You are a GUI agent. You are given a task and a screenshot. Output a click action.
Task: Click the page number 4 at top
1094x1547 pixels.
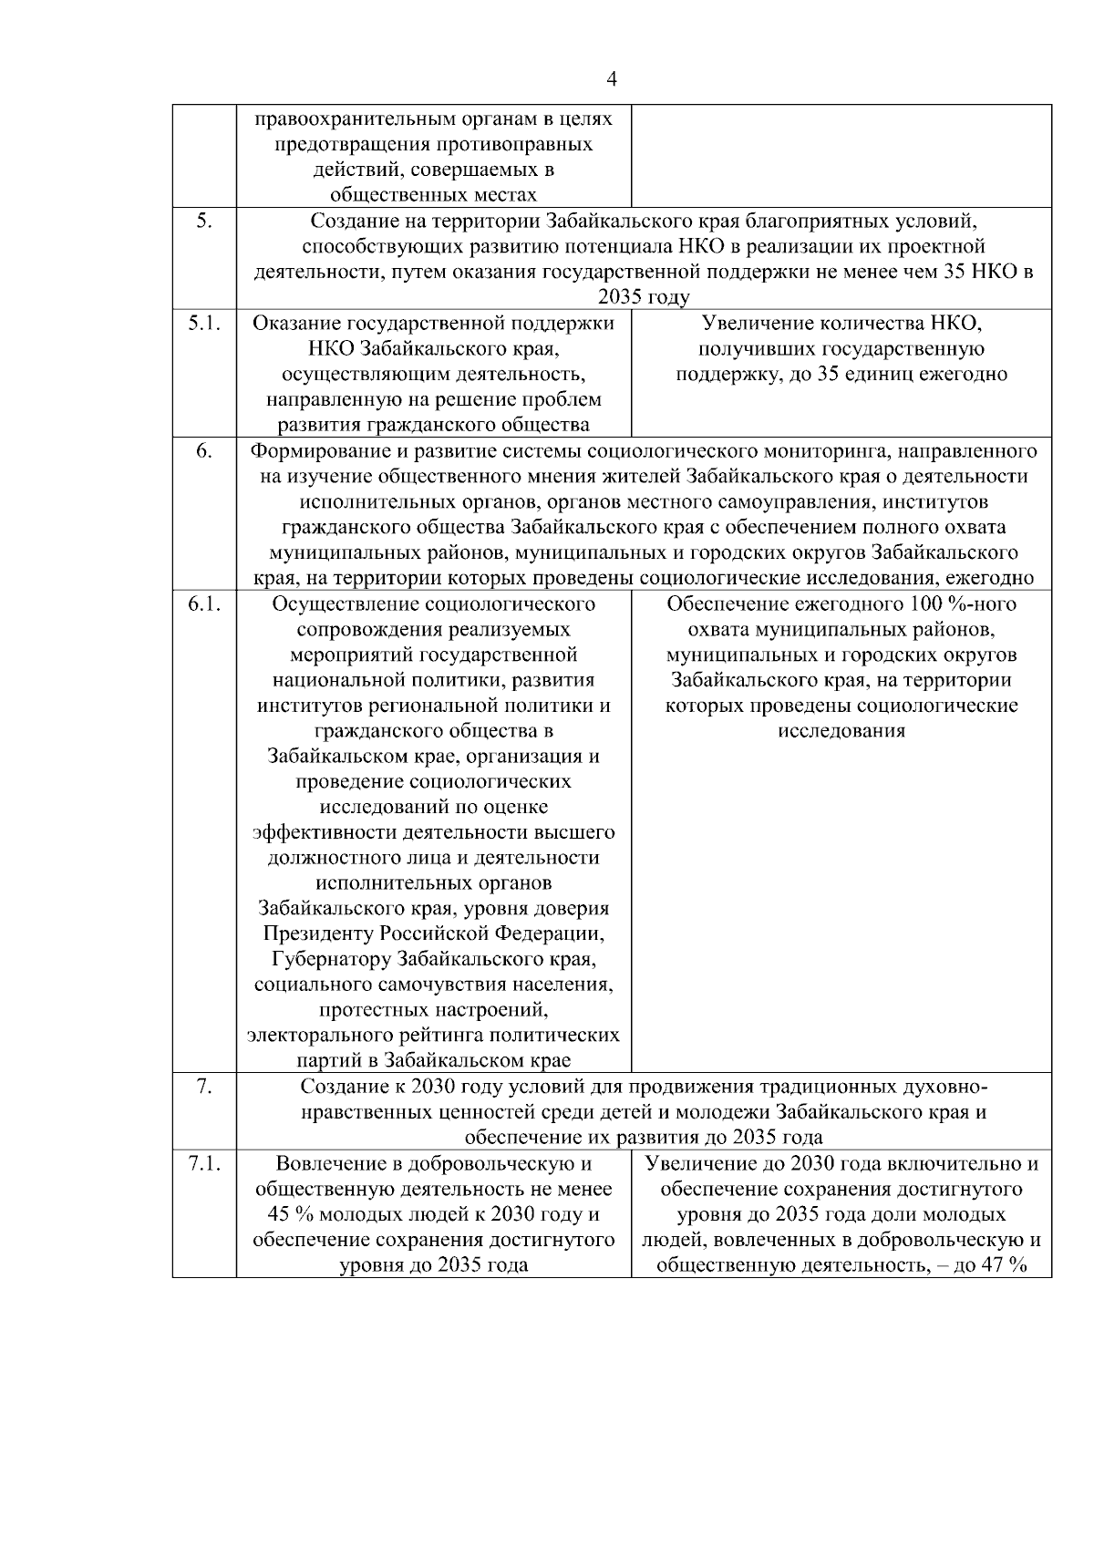(x=612, y=80)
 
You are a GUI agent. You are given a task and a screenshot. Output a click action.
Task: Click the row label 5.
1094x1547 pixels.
(x=204, y=222)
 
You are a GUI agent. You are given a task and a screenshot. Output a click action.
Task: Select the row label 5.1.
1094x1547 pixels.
(x=204, y=323)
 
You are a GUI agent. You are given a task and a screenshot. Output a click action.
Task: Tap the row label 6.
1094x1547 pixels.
(x=204, y=451)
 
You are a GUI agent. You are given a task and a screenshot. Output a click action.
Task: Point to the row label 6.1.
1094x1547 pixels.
(x=204, y=604)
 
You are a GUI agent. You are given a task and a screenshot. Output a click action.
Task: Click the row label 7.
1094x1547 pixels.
(x=204, y=1087)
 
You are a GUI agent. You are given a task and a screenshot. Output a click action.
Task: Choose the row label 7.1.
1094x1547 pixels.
(x=204, y=1164)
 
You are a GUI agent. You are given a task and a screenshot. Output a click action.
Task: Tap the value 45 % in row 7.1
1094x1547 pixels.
(x=289, y=1215)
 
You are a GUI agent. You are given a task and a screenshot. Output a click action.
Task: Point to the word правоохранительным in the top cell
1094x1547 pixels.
(x=350, y=119)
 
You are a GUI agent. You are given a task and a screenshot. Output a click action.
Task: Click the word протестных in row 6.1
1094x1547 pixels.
(x=368, y=1010)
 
